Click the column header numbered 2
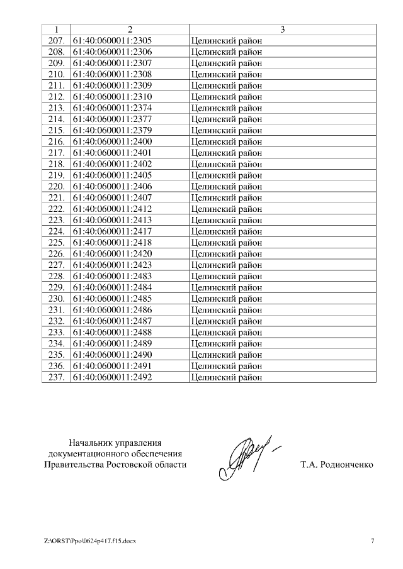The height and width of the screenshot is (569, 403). [130, 30]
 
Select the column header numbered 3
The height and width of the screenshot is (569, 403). [282, 30]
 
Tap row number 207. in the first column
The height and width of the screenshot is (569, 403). [57, 41]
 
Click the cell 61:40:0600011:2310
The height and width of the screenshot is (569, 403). [112, 97]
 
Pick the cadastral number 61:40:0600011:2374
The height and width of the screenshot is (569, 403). [112, 108]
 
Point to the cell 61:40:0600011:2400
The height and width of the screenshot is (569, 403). [112, 141]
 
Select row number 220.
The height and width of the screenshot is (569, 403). [57, 187]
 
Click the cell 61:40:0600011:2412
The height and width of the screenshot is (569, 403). [112, 209]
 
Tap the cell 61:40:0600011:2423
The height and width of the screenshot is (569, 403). [112, 265]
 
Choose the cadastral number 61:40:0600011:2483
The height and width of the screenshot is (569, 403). [112, 276]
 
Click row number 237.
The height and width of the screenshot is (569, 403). [57, 377]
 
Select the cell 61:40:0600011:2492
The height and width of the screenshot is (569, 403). [112, 377]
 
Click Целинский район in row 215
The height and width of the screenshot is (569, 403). [226, 131]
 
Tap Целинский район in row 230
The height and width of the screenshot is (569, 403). [226, 299]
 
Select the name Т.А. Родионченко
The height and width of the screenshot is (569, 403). [337, 465]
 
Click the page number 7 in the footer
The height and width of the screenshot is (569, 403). [372, 541]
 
